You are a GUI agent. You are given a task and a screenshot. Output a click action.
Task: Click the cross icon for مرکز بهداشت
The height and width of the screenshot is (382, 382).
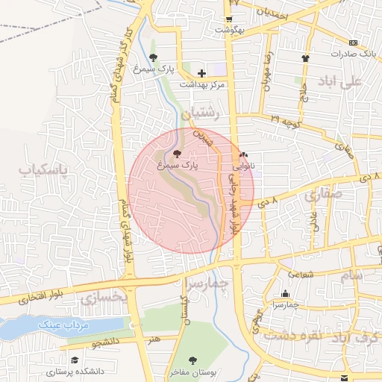(x=201, y=73)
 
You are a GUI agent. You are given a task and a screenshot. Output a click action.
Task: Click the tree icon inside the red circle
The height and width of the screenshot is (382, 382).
(x=176, y=152)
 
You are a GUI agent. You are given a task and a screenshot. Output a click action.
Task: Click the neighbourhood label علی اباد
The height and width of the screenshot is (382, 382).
(x=340, y=80)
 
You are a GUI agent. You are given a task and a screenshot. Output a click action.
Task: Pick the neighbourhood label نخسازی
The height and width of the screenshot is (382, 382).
(x=104, y=298)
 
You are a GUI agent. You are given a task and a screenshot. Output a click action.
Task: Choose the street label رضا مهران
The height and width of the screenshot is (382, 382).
(x=266, y=71)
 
